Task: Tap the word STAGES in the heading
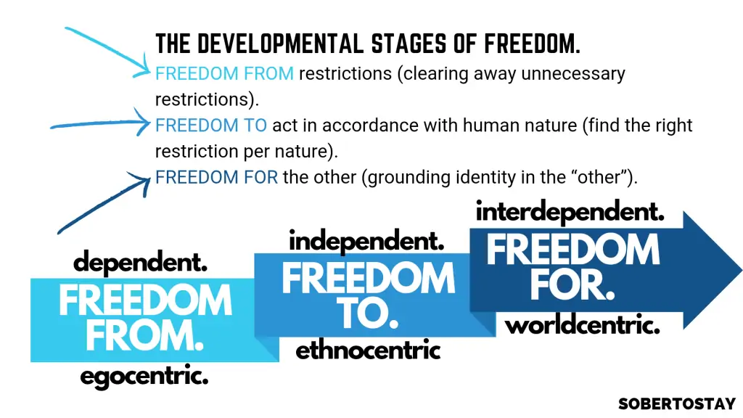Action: click(409, 44)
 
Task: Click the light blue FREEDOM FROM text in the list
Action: click(225, 74)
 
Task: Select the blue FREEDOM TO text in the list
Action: click(211, 126)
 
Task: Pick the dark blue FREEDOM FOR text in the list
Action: click(216, 177)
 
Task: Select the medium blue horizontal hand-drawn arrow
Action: click(100, 123)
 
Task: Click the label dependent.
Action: click(140, 262)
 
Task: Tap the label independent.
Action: click(366, 241)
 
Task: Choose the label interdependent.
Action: click(570, 211)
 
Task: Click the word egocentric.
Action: click(144, 377)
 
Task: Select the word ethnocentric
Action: click(368, 351)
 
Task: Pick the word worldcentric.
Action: click(583, 325)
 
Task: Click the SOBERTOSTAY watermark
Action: click(677, 403)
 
